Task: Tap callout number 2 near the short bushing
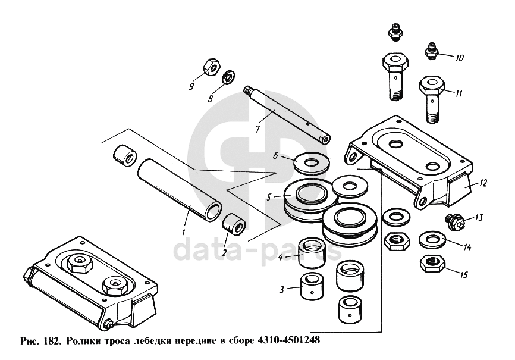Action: (224, 252)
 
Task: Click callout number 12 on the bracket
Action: (483, 183)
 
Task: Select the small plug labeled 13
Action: (455, 221)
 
